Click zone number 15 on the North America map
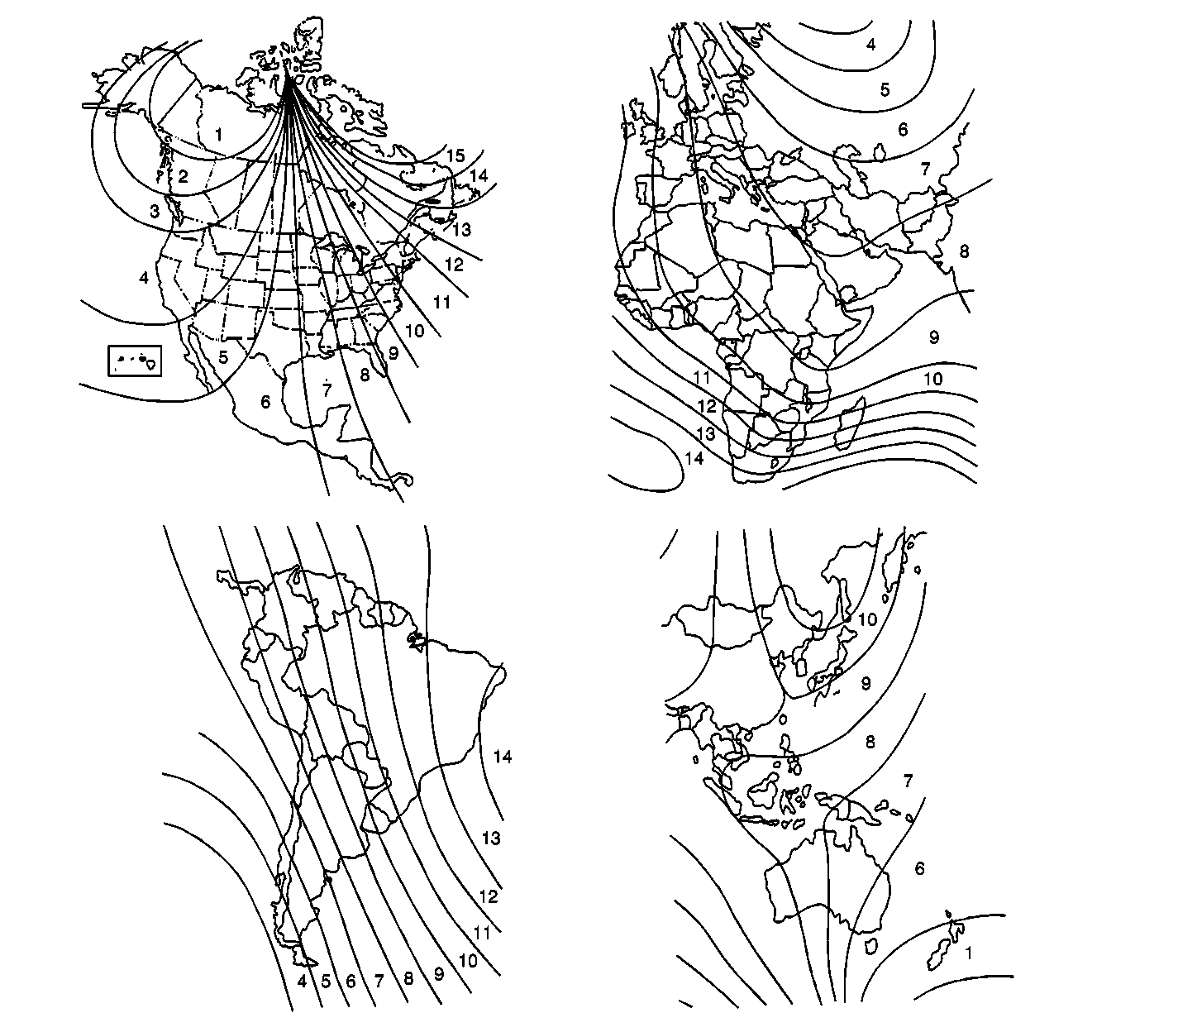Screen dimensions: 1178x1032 pos(455,155)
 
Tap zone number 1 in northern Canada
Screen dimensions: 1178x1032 pos(218,135)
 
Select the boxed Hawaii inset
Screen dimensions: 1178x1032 pos(135,361)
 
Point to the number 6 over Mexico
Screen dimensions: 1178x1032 pos(265,401)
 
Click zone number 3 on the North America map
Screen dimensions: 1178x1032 pos(155,212)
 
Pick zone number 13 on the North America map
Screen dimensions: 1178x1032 pos(462,230)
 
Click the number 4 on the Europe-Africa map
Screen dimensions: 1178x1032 pos(870,45)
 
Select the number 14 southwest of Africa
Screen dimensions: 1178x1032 pos(694,458)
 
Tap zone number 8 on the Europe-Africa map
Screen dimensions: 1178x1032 pos(964,251)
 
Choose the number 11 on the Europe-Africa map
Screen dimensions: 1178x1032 pos(701,379)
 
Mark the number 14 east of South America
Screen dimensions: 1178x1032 pos(502,757)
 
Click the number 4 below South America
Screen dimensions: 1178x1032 pos(303,982)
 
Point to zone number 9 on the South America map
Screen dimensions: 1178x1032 pos(439,974)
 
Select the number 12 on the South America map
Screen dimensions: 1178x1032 pos(489,896)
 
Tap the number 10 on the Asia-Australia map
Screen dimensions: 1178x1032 pos(867,619)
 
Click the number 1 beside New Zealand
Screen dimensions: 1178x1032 pos(968,953)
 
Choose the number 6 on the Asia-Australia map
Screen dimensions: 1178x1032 pos(919,868)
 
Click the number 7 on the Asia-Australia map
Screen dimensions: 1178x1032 pos(908,781)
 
